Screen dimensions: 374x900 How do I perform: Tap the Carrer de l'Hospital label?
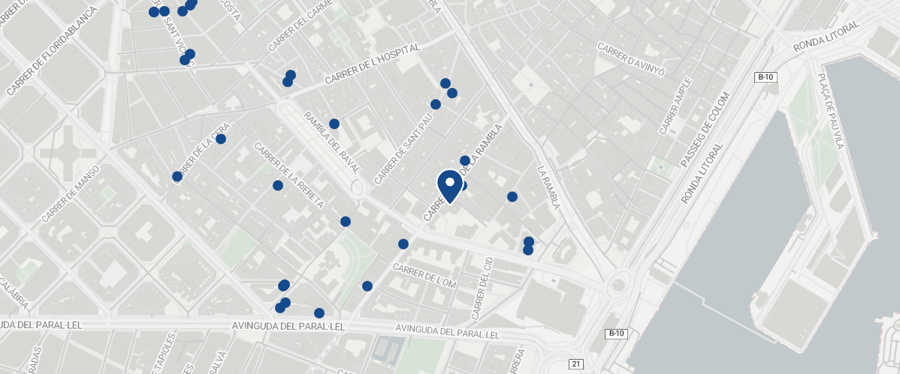(x=371, y=65)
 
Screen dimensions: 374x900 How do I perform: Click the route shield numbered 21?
(x=576, y=364)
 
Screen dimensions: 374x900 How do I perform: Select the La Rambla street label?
(x=549, y=187)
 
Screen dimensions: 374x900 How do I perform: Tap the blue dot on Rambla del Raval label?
(x=334, y=124)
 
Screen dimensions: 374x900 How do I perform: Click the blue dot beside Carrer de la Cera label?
(x=221, y=139)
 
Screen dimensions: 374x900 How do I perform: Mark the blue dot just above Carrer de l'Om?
(x=403, y=244)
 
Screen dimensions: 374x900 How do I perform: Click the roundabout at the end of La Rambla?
(x=618, y=284)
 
